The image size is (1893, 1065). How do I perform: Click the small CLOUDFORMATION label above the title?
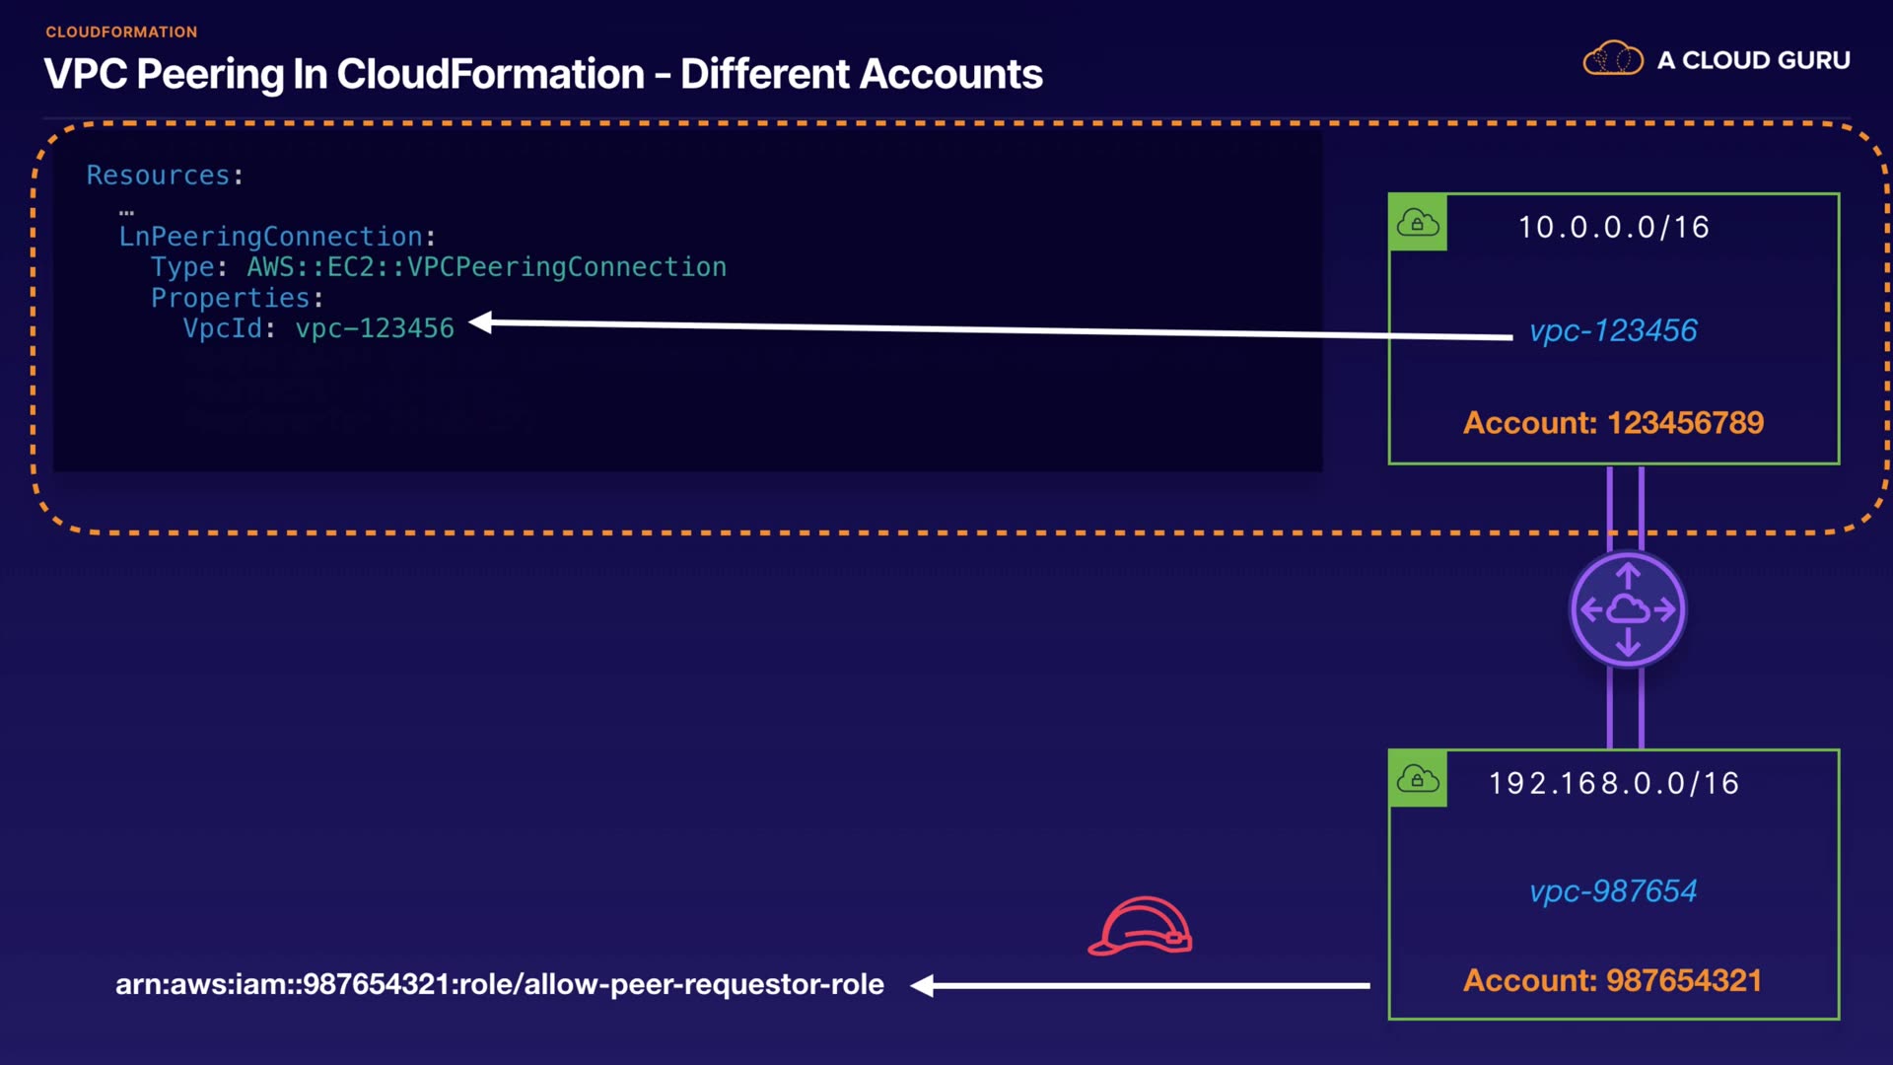pos(121,32)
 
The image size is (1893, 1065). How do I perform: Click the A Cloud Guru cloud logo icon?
pos(1613,58)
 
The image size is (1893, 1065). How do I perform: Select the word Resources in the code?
pos(158,175)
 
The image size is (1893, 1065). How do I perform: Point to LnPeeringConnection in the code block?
pos(271,237)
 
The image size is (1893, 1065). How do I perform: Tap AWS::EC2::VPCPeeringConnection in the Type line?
pos(487,267)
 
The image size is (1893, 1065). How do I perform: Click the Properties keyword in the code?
pos(231,298)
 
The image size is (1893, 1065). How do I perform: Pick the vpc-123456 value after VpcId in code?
pos(375,328)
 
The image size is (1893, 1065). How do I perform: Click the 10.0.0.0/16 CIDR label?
pos(1614,227)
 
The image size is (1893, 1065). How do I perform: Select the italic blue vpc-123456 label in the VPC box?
pos(1613,330)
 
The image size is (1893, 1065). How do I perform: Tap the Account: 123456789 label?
pos(1613,422)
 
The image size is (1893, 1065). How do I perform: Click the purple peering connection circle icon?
pos(1628,609)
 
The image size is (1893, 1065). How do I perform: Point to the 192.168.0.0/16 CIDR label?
pos(1614,783)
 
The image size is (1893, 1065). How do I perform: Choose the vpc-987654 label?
pos(1613,890)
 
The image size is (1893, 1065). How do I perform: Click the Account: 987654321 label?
pos(1613,980)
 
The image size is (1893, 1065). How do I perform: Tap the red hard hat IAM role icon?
pos(1141,926)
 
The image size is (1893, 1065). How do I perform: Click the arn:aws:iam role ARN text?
pos(500,984)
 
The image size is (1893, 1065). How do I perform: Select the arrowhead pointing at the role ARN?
pos(923,985)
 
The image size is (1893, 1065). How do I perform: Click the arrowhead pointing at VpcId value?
pos(480,322)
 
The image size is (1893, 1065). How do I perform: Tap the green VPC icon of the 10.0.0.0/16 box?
pos(1418,223)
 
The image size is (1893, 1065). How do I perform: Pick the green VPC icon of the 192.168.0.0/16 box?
pos(1418,779)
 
